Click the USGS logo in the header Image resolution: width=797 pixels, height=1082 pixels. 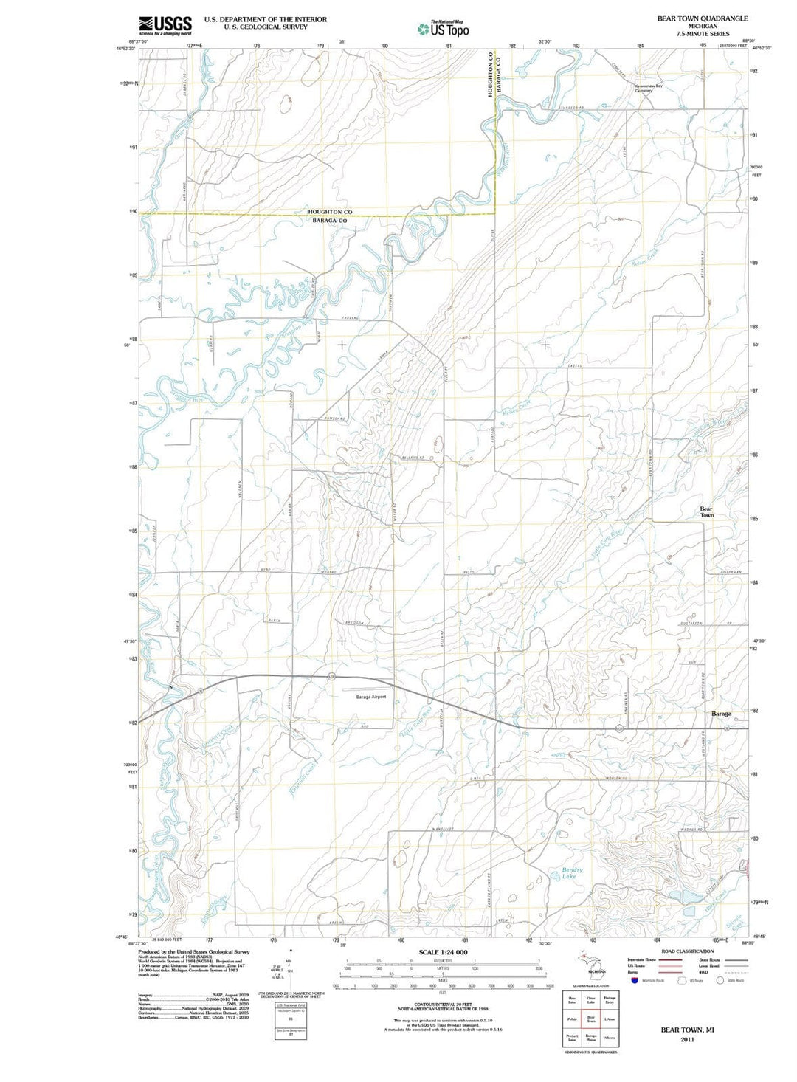[x=165, y=26]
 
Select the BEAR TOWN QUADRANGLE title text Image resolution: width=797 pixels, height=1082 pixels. [x=702, y=18]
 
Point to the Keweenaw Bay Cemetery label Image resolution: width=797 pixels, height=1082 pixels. [x=649, y=88]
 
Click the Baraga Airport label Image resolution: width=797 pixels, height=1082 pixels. [x=371, y=696]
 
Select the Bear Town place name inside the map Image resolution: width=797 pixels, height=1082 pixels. [x=706, y=511]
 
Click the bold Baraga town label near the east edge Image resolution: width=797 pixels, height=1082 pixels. [x=721, y=714]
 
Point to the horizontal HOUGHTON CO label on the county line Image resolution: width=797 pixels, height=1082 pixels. [x=330, y=212]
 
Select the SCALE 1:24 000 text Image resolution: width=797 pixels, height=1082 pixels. [x=443, y=952]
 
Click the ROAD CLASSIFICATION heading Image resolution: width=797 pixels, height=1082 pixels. [x=687, y=951]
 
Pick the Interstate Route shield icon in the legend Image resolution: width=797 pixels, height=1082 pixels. [x=634, y=980]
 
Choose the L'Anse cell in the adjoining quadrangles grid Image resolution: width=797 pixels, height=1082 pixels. [x=609, y=1019]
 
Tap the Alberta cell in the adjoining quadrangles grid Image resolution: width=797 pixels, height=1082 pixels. [x=609, y=1037]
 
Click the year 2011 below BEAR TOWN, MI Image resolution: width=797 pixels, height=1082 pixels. [x=687, y=1039]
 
